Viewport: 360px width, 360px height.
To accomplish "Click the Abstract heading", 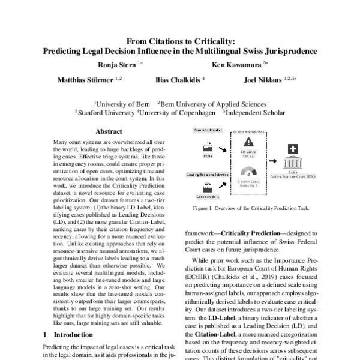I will pos(109,131).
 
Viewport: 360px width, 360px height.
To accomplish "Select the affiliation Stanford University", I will pos(106,112).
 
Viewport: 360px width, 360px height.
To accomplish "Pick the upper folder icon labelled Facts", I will pos(191,146).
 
